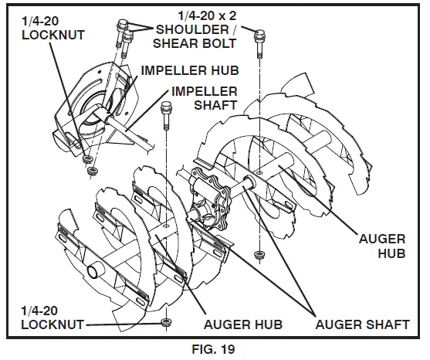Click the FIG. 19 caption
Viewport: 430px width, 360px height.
215,348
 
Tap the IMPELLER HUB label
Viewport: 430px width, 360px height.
189,70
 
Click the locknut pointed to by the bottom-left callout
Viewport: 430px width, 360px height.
165,321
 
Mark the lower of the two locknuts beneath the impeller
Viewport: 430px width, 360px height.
93,169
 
